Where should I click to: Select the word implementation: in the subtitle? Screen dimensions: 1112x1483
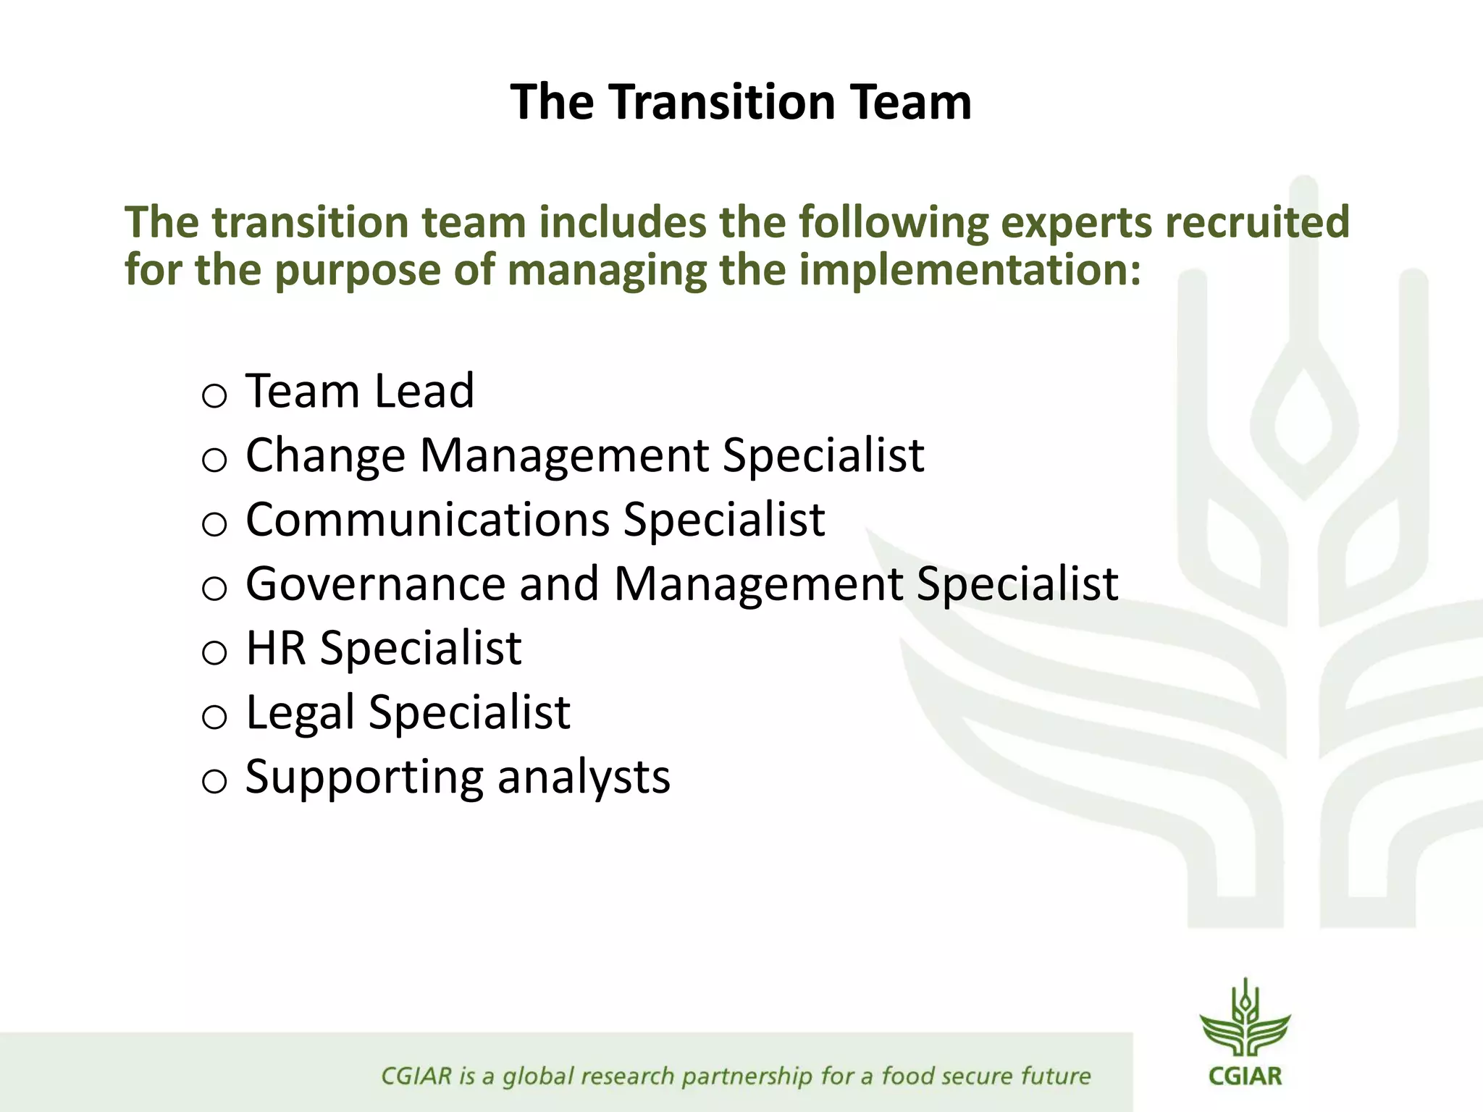coord(970,270)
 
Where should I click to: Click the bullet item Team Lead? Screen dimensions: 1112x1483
coord(360,391)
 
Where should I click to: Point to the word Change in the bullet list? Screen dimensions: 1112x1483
coord(325,455)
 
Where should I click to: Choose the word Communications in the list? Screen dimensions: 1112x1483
coord(427,519)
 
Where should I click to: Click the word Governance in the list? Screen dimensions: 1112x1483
coord(375,584)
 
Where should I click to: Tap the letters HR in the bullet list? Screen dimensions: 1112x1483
coord(275,647)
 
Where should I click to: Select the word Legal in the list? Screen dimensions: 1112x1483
coord(300,712)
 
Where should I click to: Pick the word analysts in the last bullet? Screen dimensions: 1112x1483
coord(584,777)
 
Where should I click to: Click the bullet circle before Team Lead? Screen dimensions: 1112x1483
coord(214,396)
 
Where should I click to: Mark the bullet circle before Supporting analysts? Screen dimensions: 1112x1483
coord(214,782)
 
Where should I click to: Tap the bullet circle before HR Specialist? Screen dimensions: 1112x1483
coord(214,653)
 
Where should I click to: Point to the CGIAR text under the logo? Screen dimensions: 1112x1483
coord(1245,1076)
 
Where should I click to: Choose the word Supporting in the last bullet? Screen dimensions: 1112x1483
coord(364,777)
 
